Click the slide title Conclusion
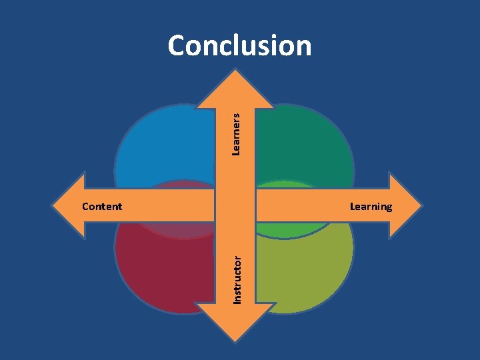239,46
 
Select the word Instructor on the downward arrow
237,276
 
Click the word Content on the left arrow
101,206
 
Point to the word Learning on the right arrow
371,206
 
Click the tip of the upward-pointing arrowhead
235,63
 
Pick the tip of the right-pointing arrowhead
421,205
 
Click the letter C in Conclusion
178,46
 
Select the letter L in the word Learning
353,206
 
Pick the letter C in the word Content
85,206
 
